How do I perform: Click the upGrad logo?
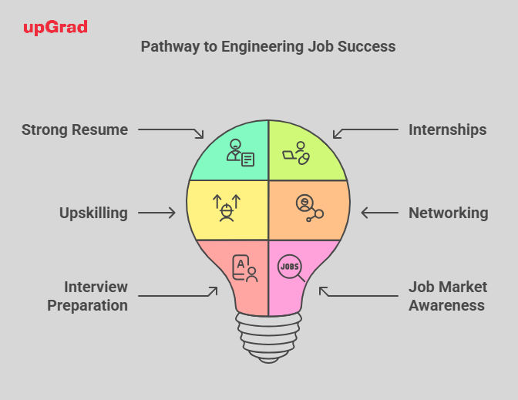click(55, 28)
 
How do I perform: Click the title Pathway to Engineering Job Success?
click(268, 46)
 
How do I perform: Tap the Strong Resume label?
click(75, 129)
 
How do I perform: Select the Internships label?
click(447, 129)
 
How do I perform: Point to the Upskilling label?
click(93, 213)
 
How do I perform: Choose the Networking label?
click(449, 213)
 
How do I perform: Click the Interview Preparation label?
click(88, 296)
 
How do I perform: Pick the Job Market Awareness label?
click(448, 296)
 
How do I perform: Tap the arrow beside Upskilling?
click(156, 213)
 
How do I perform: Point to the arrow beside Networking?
click(379, 213)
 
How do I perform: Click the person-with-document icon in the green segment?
click(240, 153)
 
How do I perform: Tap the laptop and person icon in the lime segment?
click(296, 153)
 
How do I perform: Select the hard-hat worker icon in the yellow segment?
click(227, 208)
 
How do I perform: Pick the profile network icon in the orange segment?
click(310, 208)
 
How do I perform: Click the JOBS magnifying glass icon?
click(291, 268)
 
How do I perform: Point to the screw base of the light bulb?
click(268, 338)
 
